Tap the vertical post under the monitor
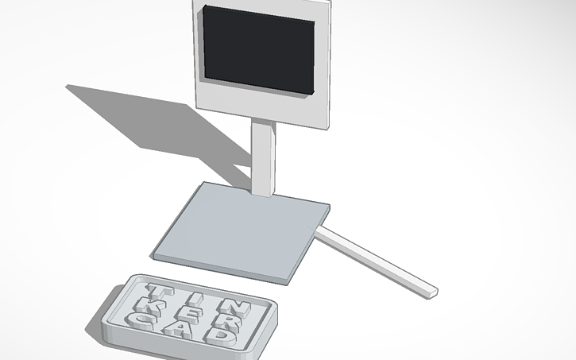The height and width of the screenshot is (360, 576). [x=264, y=155]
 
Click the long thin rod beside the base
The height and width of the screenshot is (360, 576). [x=373, y=258]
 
